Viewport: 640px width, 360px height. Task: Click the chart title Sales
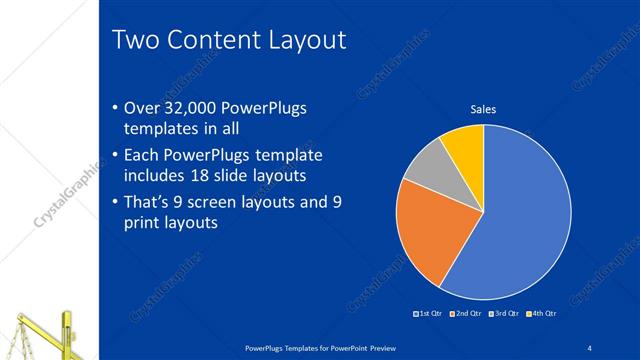[x=484, y=109]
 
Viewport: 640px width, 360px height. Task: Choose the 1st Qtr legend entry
[x=428, y=314]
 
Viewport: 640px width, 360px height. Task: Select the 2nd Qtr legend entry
[x=467, y=314]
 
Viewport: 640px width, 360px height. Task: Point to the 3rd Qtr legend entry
[x=504, y=314]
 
